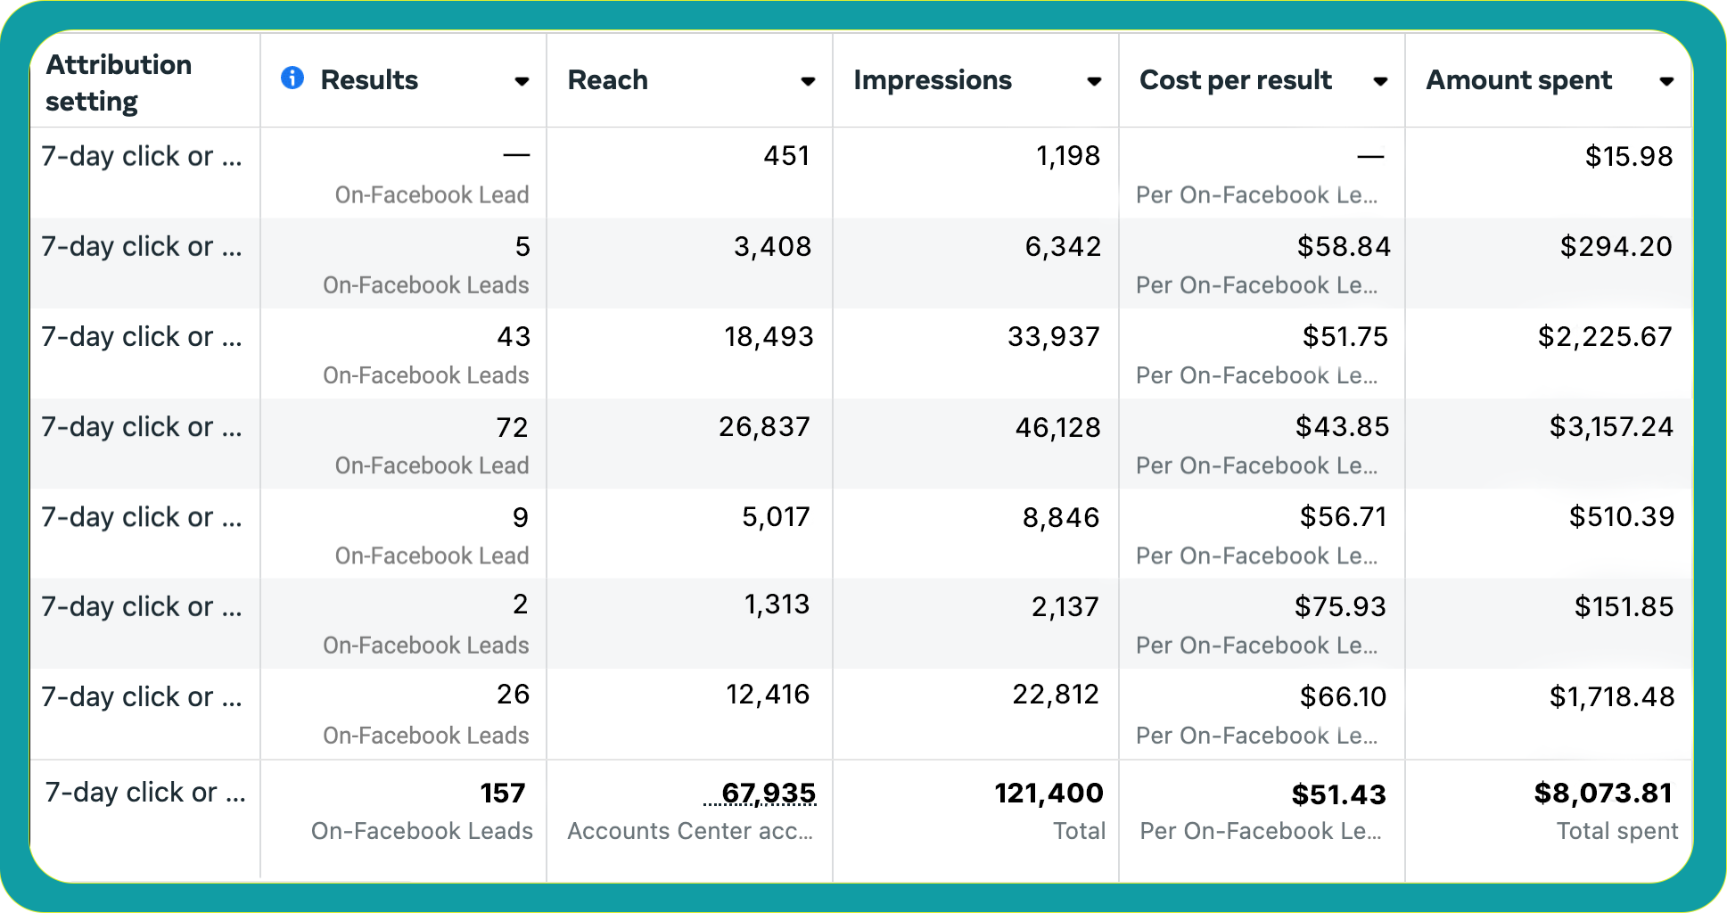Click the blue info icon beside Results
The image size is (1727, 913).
click(x=292, y=78)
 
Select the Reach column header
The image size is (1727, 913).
click(x=608, y=80)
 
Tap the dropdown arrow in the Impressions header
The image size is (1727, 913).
click(x=1094, y=81)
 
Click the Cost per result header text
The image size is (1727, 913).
click(x=1235, y=80)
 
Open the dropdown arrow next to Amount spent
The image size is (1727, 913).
click(x=1665, y=81)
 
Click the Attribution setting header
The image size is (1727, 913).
click(x=119, y=82)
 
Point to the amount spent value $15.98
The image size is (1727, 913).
click(x=1628, y=157)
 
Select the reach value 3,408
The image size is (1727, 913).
click(x=772, y=247)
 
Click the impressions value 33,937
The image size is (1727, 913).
click(x=1053, y=337)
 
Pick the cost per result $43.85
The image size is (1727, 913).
click(x=1342, y=427)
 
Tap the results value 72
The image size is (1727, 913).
click(x=512, y=428)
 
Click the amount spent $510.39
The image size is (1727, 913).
click(x=1621, y=517)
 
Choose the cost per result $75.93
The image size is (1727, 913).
click(x=1340, y=607)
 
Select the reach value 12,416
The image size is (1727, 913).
click(x=768, y=695)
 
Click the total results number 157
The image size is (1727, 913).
click(x=503, y=794)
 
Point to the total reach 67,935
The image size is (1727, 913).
click(x=769, y=793)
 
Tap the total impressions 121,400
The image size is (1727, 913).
click(x=1049, y=793)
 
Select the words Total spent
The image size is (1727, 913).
click(x=1616, y=831)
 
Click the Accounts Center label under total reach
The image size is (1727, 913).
click(x=690, y=831)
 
